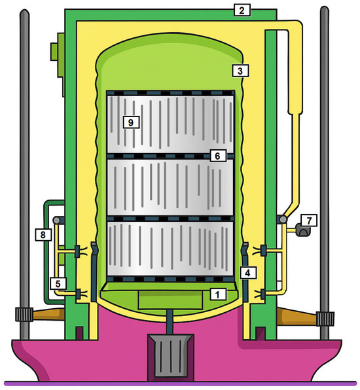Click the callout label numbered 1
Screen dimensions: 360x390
coord(218,294)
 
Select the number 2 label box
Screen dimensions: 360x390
coord(242,10)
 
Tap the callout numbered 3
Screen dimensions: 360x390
coord(240,71)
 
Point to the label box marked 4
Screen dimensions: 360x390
coord(248,273)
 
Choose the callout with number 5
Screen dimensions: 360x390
coord(58,284)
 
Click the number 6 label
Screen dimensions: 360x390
coord(218,156)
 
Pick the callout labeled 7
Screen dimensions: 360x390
coord(309,221)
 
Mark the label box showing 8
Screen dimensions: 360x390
coord(43,234)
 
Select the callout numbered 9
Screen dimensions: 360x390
coord(131,122)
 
